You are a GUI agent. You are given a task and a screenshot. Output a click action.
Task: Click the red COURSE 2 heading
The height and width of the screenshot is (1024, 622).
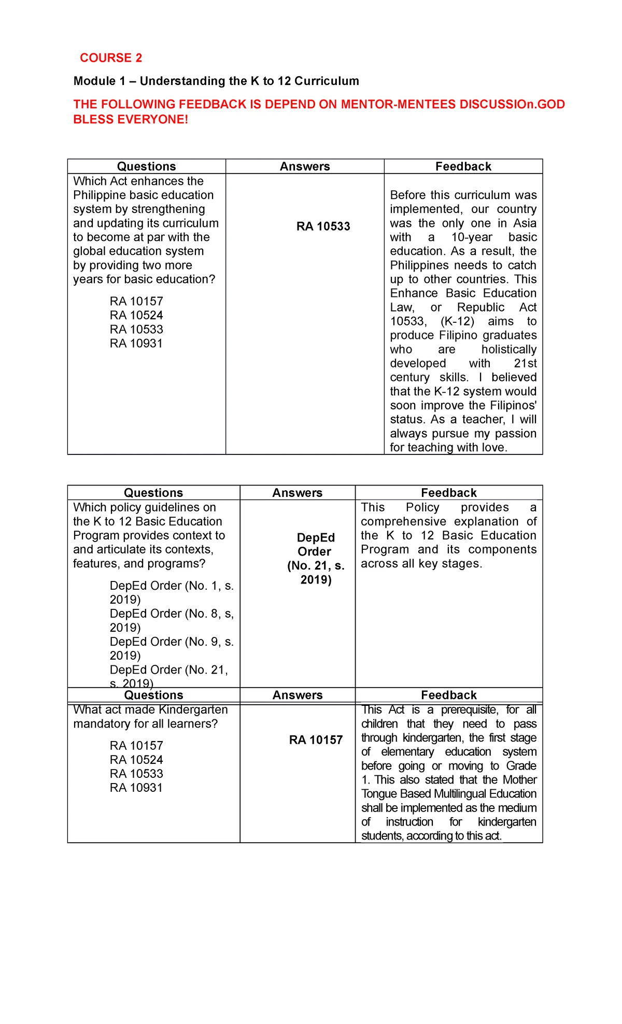pos(110,58)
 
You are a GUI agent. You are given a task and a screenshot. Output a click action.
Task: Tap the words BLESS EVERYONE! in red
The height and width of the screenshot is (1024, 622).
pos(131,120)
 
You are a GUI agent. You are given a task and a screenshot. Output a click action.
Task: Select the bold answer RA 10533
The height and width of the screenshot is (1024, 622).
pos(323,226)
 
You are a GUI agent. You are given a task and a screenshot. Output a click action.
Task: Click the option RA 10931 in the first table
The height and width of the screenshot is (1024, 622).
pos(136,344)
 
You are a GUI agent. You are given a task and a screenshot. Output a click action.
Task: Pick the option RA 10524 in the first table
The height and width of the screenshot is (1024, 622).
pos(136,316)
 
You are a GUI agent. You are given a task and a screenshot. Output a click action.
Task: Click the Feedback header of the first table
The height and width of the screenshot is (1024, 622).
pos(463,167)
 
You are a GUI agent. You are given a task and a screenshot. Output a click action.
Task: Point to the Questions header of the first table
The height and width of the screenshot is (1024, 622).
pos(146,167)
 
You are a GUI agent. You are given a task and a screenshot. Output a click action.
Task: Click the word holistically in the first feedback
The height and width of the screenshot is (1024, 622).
pos(508,350)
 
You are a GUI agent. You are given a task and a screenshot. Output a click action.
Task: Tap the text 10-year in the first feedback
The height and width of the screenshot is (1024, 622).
pos(472,237)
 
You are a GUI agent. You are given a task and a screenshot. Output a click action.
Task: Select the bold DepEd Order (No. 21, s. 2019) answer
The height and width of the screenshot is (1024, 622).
pos(315,559)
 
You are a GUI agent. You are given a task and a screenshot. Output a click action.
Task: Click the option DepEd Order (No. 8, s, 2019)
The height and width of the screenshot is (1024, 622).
pos(171,620)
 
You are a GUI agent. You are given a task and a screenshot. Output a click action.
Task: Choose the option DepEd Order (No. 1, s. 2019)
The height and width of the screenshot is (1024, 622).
pos(171,592)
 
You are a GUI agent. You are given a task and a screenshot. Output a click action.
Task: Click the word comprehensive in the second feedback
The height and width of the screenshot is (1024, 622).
pos(403,522)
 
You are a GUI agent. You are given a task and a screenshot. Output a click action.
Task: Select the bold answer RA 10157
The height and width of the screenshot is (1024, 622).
pos(316,740)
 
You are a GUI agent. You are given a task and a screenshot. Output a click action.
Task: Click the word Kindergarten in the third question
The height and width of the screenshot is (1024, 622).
pos(193,710)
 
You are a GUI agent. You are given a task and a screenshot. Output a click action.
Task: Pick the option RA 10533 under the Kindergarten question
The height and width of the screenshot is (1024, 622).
pos(136,774)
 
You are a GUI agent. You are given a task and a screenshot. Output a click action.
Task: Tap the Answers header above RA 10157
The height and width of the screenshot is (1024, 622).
pos(298,695)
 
